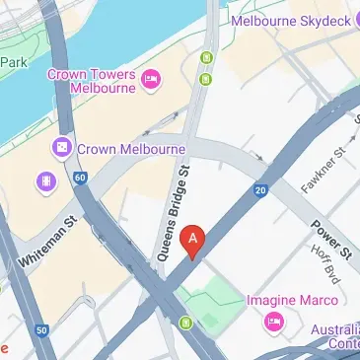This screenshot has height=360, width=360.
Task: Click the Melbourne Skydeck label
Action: coord(296,19)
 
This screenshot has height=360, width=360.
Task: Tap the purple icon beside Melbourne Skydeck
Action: coord(237,19)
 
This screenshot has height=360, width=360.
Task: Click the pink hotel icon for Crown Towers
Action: coord(150,79)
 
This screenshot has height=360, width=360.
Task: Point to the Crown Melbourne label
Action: coord(130,148)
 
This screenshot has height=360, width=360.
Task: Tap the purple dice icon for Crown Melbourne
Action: coord(62,148)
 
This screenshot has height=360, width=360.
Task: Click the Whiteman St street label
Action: coord(47,247)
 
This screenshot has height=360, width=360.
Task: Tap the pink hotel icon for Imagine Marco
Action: coord(273,322)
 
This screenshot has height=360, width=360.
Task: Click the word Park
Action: coord(12,61)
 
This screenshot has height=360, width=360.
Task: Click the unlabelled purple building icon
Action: coord(44,181)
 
